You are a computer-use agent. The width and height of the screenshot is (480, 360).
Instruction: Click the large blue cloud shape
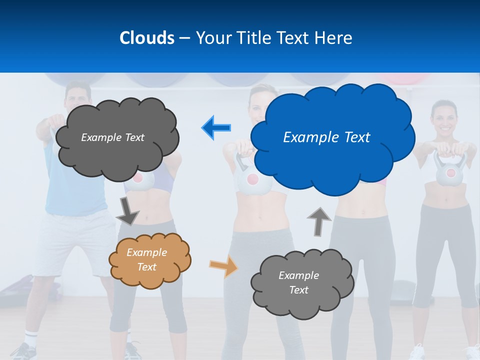332,150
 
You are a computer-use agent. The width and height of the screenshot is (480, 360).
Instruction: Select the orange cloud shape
150,260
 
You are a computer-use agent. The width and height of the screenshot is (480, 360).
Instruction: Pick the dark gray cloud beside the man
117,137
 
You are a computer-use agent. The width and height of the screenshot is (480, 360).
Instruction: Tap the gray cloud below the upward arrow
302,283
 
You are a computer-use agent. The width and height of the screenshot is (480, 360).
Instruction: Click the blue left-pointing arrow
216,127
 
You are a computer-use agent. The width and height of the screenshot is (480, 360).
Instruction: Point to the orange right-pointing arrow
223,266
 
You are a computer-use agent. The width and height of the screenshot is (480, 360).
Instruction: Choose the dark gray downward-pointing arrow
127,211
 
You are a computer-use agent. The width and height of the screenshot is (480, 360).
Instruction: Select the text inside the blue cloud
326,137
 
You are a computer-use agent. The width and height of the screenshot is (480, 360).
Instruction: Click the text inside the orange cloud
146,259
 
